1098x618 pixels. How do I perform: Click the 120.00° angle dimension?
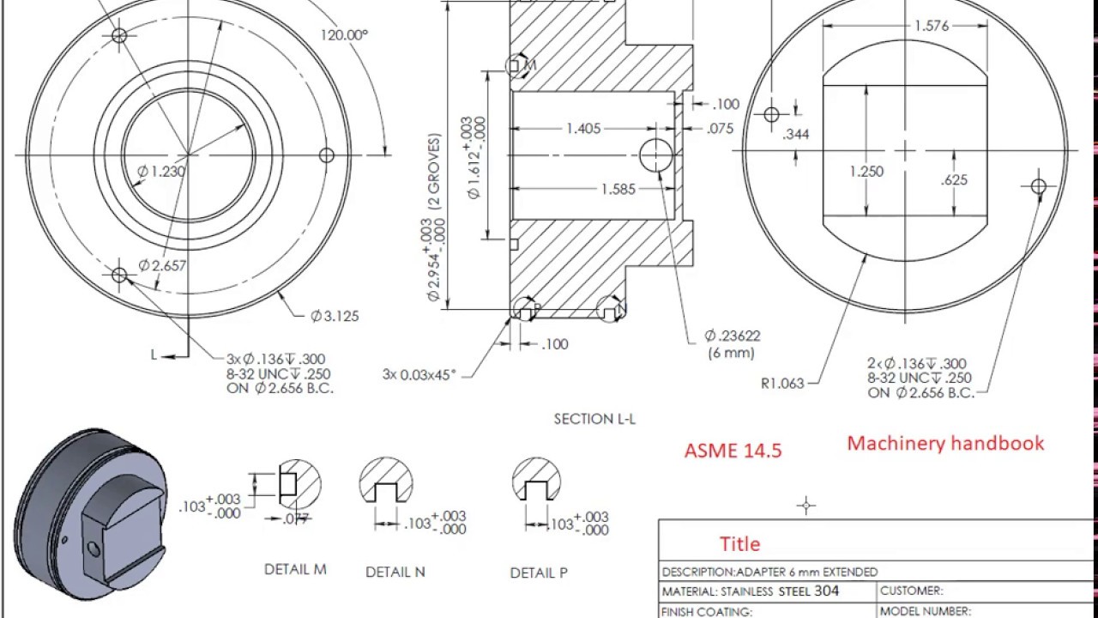(344, 35)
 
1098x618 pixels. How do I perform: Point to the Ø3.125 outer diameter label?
(335, 316)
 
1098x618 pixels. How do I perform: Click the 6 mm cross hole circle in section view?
(656, 154)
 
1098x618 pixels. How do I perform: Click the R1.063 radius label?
(781, 384)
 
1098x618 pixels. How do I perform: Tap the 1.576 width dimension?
(931, 26)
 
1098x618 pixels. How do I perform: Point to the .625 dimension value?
(954, 180)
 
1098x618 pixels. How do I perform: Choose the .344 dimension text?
(796, 134)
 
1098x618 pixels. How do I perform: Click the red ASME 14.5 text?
(733, 451)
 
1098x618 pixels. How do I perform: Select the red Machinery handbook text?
(945, 443)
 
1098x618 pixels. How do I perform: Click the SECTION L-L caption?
(594, 419)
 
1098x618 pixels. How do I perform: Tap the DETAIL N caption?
(395, 572)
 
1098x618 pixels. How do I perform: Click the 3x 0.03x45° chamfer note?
(419, 374)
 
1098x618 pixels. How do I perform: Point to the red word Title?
(739, 544)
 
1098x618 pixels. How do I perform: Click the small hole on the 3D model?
(94, 547)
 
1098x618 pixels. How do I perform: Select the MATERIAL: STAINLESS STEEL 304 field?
(751, 591)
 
